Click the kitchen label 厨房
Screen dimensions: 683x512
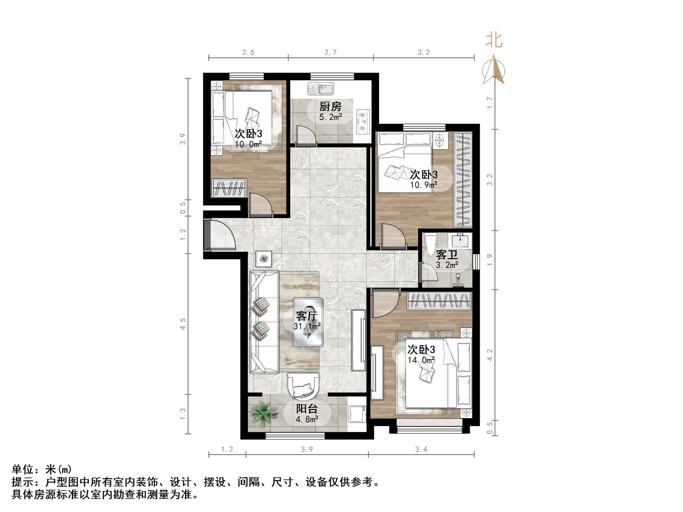[x=330, y=107]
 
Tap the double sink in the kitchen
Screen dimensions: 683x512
[x=321, y=89]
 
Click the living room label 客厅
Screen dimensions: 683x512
[x=307, y=316]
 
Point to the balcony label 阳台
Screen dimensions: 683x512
[x=307, y=409]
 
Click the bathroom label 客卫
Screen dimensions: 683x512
[x=447, y=255]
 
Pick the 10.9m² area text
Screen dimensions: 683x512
[x=424, y=185]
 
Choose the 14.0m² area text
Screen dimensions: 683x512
[x=421, y=360]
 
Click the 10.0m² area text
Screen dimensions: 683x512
[x=248, y=144]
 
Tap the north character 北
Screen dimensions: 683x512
[x=494, y=40]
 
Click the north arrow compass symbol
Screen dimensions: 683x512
[x=494, y=70]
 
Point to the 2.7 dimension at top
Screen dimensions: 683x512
[x=331, y=53]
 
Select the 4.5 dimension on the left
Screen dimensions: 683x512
[x=183, y=324]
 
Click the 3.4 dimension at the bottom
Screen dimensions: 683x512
[x=421, y=449]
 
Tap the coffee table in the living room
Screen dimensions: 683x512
[x=308, y=322]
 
